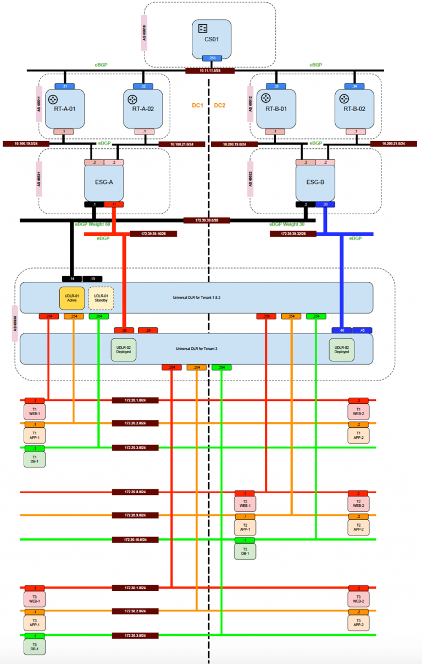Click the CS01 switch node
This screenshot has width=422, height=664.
coord(212,38)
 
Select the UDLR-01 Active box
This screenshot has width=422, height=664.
coord(71,298)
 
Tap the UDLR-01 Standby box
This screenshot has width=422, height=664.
coord(101,298)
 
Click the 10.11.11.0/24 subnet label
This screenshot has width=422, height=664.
coord(210,70)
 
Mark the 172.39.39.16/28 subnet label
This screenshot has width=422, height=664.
coord(153,233)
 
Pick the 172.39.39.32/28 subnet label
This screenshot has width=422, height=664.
coord(293,233)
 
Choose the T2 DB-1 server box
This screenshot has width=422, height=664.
coord(246,551)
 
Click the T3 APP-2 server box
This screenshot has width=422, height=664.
coord(358,622)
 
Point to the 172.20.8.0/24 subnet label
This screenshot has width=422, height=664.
coord(136,492)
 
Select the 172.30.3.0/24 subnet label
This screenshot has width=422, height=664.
coord(136,635)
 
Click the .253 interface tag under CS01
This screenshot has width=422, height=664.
coord(212,58)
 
